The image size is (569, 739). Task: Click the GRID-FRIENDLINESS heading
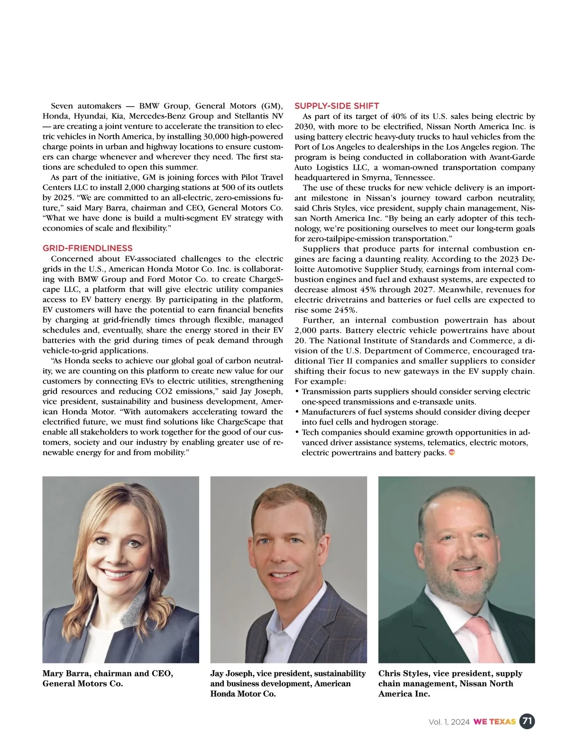point(88,248)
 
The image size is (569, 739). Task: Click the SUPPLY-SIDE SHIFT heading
point(337,106)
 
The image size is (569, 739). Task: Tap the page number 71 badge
point(527,721)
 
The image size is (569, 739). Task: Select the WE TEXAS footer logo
point(495,722)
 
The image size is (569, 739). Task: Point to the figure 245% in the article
point(346,310)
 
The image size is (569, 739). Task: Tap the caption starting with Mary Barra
point(108,678)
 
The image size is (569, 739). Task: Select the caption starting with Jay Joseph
point(288,684)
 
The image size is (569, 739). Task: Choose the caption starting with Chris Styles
point(450,684)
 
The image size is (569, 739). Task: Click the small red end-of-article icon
point(452,453)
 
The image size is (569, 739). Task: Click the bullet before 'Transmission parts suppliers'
point(297,392)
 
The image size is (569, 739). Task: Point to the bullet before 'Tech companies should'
point(297,433)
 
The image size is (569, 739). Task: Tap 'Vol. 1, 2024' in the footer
point(449,722)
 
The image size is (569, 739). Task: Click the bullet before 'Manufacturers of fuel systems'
point(297,412)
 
